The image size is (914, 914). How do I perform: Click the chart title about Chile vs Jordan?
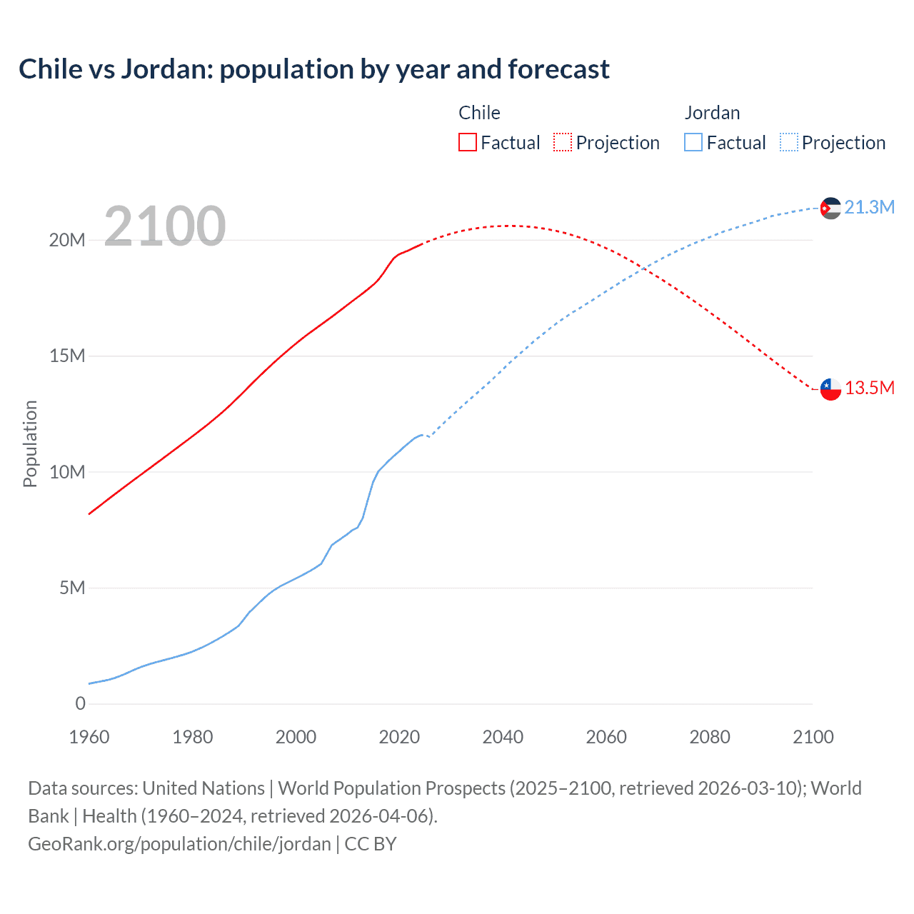coord(314,69)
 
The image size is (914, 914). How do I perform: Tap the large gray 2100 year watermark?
coord(165,226)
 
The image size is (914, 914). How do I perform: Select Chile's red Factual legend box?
coord(467,142)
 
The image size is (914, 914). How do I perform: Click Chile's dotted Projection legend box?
coord(562,142)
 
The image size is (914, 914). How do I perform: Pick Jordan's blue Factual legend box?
coord(693,142)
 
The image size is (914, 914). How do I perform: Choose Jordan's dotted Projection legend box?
coord(788,142)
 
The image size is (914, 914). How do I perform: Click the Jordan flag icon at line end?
coord(830,208)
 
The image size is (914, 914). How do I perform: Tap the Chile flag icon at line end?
coord(830,389)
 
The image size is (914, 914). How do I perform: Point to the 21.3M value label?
coord(869,207)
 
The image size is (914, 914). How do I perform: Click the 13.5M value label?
coord(869,388)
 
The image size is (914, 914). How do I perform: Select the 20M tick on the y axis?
coord(67,240)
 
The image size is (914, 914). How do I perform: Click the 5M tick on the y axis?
coord(72,588)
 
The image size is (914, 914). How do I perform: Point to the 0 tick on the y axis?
coord(80,703)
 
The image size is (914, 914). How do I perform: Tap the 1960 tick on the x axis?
coord(89,737)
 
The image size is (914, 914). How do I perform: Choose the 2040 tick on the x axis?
coord(503,737)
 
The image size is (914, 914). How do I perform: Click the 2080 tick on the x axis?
coord(710,737)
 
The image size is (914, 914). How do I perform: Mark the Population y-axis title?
coord(30,443)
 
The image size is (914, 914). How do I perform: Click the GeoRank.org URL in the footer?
coord(179,843)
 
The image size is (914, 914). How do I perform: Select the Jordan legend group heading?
coord(712,113)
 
